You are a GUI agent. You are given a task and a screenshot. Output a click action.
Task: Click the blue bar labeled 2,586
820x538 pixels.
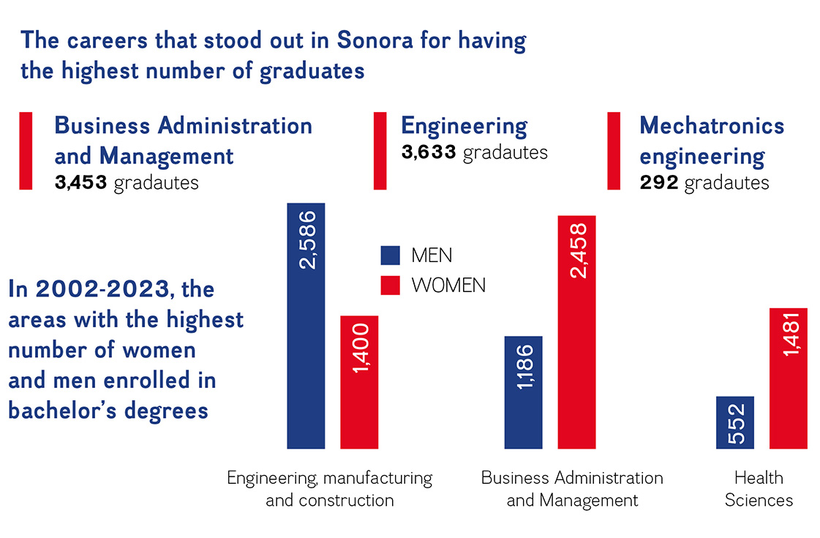point(306,326)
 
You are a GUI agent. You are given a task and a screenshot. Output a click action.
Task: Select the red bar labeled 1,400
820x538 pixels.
point(359,382)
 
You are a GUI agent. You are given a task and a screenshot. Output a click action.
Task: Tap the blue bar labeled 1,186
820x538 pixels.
point(524,392)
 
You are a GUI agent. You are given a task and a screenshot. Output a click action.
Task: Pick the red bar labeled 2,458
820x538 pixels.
point(576,332)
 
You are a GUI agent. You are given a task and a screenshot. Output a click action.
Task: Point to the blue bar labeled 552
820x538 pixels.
point(735,422)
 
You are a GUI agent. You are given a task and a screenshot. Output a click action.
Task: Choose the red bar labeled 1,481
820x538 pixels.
point(788,378)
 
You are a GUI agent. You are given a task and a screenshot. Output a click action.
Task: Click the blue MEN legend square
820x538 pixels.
point(391,255)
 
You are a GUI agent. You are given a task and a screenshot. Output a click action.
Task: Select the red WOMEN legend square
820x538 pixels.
point(391,285)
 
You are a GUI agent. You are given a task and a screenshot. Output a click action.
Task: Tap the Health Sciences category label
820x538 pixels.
point(759,489)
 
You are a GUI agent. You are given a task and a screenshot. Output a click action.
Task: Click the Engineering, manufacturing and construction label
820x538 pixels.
point(329,489)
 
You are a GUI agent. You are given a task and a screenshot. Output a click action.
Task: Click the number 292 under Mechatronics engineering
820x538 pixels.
point(659,182)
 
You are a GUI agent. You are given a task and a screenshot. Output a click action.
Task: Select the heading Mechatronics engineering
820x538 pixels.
point(711,141)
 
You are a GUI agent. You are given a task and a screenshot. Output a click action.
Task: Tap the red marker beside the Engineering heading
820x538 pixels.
point(380,151)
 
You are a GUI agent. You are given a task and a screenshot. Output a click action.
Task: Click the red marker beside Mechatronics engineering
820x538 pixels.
point(614,151)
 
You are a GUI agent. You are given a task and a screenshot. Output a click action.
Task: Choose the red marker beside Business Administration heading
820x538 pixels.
point(26,151)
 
